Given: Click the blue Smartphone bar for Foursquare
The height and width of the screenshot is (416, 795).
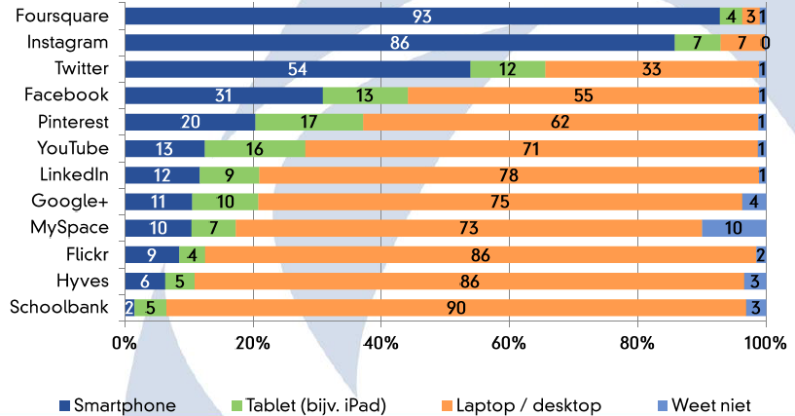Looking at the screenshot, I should (422, 17).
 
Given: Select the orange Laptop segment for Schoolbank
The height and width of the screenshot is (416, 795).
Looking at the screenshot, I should (456, 308).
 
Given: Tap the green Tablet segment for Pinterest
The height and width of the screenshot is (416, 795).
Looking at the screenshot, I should (308, 122).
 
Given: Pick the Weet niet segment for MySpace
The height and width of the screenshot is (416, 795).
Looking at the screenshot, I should (734, 228).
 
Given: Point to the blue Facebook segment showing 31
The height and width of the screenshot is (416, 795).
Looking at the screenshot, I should (224, 95).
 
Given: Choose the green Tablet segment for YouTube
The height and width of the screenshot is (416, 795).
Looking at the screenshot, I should (255, 149).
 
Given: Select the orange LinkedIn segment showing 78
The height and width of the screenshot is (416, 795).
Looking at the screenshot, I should (509, 175).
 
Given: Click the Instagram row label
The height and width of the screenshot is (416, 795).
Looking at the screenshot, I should (68, 43).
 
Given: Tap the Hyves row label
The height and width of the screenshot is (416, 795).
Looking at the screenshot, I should (85, 282).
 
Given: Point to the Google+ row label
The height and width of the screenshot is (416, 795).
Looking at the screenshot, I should (72, 202).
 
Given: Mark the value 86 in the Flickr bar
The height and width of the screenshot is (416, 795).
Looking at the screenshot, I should (479, 255).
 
